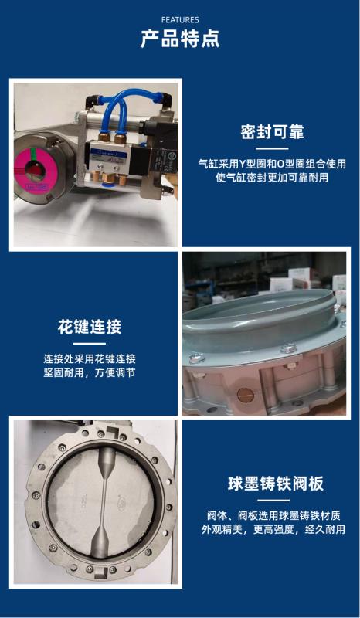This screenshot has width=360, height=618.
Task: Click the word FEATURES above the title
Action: click(180, 20)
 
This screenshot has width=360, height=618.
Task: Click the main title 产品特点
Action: click(180, 39)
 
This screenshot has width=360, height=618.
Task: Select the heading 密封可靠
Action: click(273, 132)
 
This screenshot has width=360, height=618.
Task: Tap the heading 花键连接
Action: click(90, 327)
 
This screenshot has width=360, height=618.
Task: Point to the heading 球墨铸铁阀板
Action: click(276, 484)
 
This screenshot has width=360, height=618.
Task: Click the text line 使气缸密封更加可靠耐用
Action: click(272, 178)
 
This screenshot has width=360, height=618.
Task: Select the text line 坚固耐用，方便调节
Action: click(90, 372)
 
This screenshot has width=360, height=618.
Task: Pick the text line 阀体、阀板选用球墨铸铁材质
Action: click(274, 515)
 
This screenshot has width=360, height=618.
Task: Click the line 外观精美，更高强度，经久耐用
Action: click(273, 529)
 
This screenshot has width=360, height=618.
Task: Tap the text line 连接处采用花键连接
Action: click(90, 358)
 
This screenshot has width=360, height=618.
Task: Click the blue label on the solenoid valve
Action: click(105, 152)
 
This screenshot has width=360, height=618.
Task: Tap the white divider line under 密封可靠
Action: click(272, 148)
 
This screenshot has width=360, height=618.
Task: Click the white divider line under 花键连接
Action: click(90, 344)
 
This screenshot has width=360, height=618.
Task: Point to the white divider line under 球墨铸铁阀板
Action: click(274, 500)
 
